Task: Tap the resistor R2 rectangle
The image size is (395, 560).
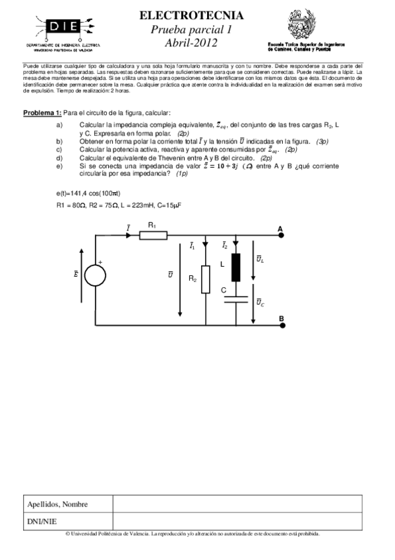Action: click(205, 278)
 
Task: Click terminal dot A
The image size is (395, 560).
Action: click(281, 234)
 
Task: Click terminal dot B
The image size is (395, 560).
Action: click(281, 324)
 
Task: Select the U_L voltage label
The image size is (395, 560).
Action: click(260, 258)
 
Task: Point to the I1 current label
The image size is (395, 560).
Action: click(192, 246)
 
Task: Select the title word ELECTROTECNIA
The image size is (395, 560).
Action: click(192, 15)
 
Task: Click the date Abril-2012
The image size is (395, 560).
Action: click(191, 43)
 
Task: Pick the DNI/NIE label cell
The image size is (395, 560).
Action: click(68, 521)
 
